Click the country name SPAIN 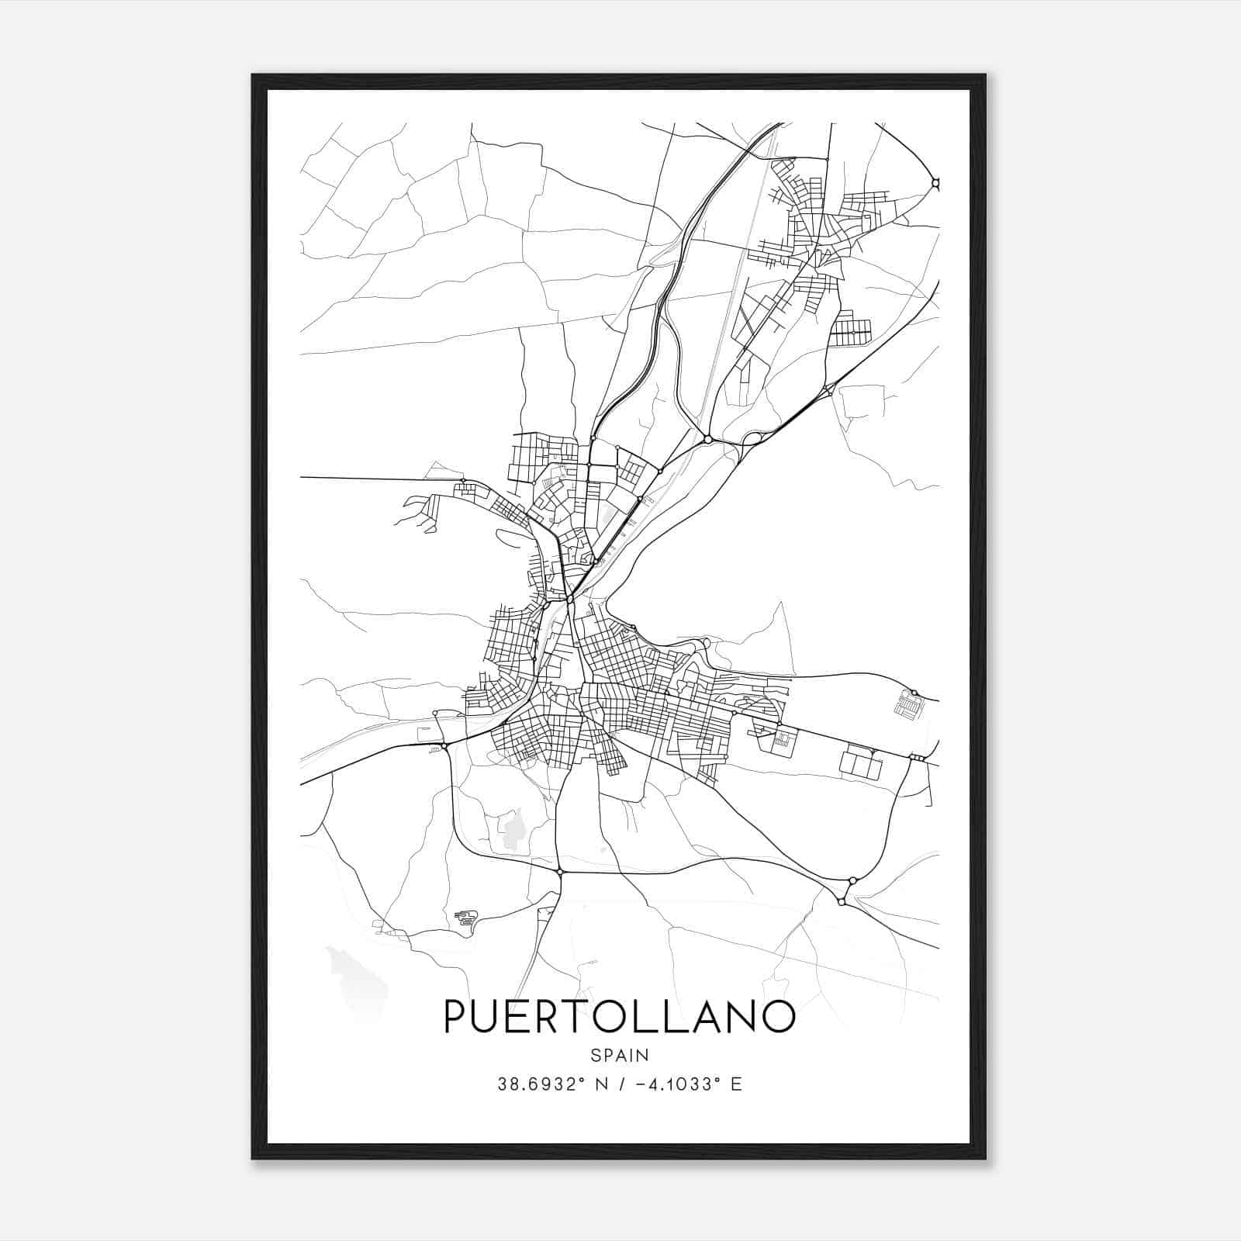pos(620,1055)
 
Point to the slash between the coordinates pos(620,1084)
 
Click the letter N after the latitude pos(600,1084)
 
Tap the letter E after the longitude pos(736,1084)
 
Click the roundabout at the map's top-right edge pos(935,184)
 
